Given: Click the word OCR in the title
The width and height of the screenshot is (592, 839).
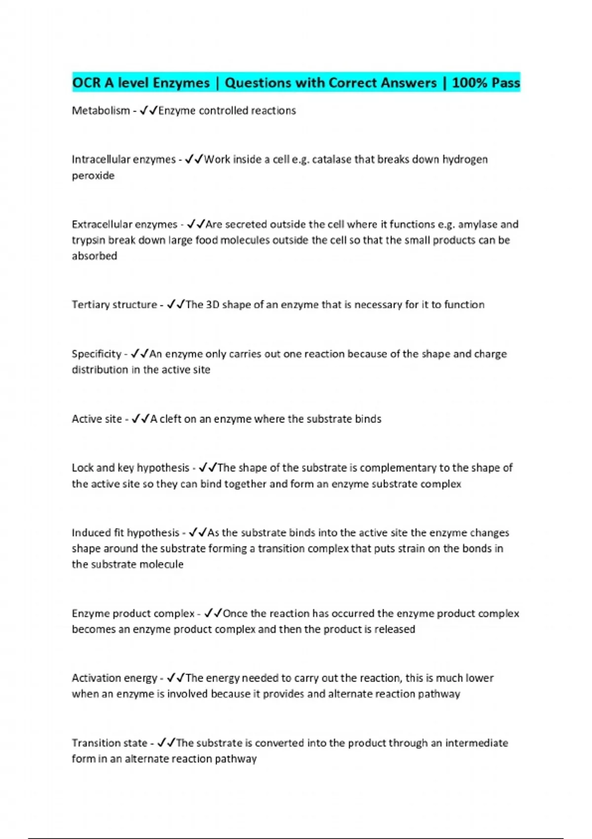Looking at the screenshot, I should (x=86, y=82).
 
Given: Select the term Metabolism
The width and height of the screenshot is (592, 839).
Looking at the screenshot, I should (x=101, y=111).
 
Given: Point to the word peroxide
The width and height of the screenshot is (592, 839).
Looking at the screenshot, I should (x=93, y=176).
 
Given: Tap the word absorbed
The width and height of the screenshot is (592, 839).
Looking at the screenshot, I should (x=94, y=256).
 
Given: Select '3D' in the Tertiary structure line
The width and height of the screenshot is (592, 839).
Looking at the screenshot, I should (x=212, y=305).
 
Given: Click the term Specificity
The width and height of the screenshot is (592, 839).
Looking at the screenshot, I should (x=96, y=354).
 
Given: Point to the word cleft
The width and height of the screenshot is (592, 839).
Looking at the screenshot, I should (x=170, y=419).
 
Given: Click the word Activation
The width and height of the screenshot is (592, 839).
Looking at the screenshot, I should (x=95, y=678).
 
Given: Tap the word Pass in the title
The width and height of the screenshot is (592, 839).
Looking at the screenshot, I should (x=506, y=82).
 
